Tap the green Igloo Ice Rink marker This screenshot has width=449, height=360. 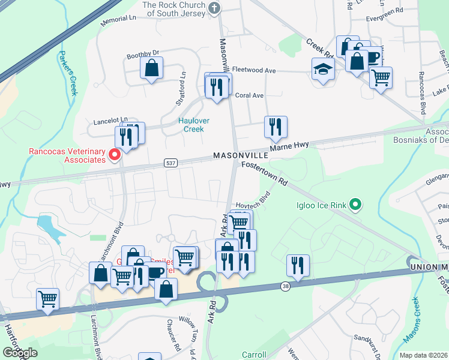355,206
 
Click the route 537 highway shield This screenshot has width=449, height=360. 170,163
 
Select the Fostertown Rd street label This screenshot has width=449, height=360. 265,173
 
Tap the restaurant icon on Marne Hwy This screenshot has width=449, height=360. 276,127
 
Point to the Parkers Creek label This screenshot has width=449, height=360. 68,73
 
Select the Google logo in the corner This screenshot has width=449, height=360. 19,353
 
